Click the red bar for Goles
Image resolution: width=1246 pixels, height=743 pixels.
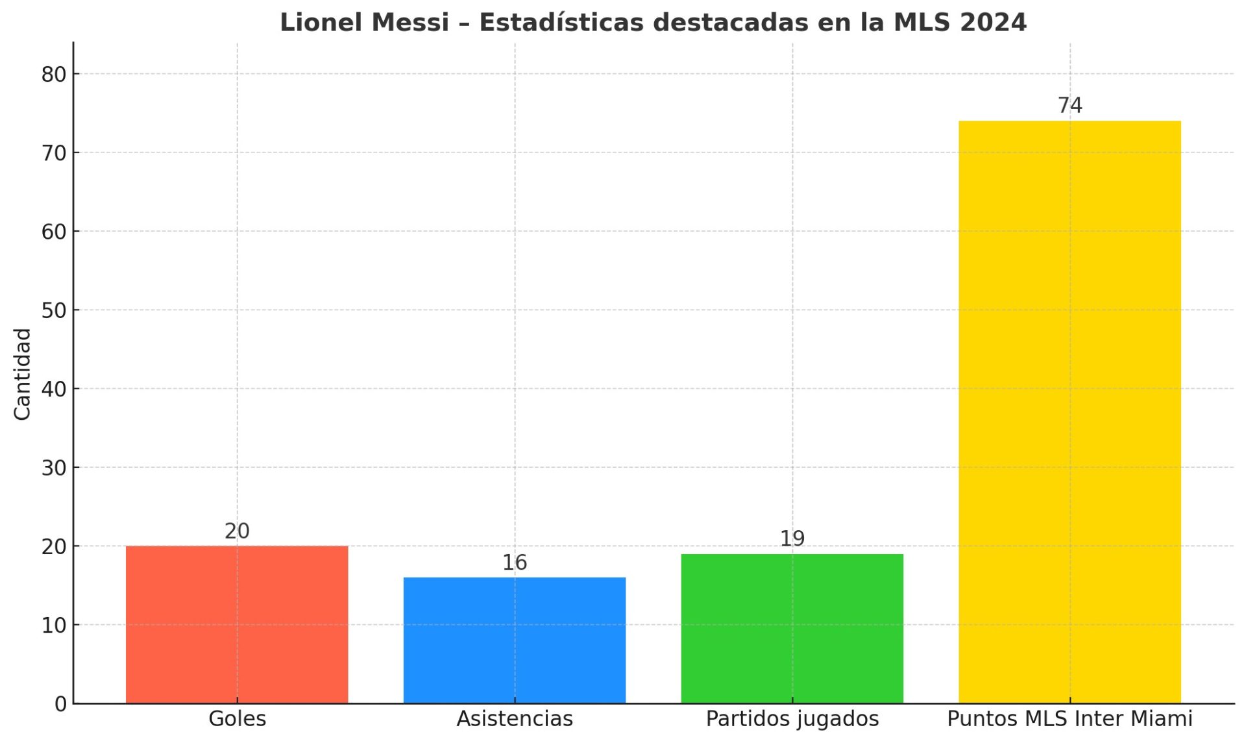(x=237, y=624)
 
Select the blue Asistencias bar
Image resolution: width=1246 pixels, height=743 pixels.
(x=515, y=640)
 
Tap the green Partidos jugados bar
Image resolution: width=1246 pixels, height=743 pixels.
(x=792, y=628)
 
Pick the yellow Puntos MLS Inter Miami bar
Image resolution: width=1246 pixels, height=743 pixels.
(x=1069, y=412)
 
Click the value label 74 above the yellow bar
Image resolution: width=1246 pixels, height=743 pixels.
(x=1070, y=105)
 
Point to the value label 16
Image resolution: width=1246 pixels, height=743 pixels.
(x=515, y=563)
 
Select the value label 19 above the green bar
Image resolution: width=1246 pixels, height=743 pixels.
(x=792, y=539)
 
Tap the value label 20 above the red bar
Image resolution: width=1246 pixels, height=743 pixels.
(x=237, y=531)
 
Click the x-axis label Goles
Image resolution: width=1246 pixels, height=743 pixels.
(x=237, y=719)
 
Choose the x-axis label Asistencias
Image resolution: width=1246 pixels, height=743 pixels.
(x=515, y=719)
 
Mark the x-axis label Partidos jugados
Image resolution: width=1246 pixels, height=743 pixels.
(x=792, y=719)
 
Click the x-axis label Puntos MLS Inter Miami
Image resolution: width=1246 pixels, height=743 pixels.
(x=1069, y=719)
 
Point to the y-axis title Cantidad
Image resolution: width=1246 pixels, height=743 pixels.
(x=23, y=374)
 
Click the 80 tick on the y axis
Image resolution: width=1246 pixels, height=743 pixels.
(x=54, y=75)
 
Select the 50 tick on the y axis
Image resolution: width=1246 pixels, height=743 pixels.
(x=54, y=310)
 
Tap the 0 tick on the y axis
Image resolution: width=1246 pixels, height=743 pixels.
(x=60, y=704)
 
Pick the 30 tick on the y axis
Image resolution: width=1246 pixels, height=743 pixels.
(x=54, y=468)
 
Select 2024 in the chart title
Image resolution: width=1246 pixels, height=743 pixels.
(x=994, y=23)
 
